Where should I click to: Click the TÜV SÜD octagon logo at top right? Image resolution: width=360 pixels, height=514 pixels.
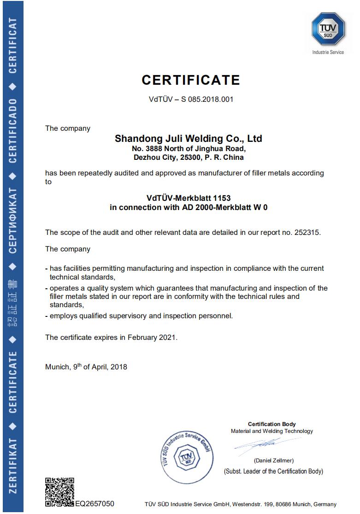click(328, 29)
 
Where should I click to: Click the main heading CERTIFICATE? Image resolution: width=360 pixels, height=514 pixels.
click(191, 80)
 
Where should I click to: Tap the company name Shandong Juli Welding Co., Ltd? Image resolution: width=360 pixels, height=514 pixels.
click(188, 138)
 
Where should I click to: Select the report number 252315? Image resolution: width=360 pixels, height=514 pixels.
click(306, 233)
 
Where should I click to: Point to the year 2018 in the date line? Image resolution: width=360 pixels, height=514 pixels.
click(118, 367)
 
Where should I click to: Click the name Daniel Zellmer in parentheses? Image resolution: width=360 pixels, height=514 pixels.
click(273, 461)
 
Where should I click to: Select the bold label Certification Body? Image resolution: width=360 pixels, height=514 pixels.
click(271, 424)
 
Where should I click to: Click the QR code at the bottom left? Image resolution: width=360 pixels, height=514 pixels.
click(59, 492)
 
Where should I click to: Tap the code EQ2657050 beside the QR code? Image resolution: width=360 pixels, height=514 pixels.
click(94, 504)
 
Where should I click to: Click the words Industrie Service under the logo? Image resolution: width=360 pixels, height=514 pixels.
click(328, 53)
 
